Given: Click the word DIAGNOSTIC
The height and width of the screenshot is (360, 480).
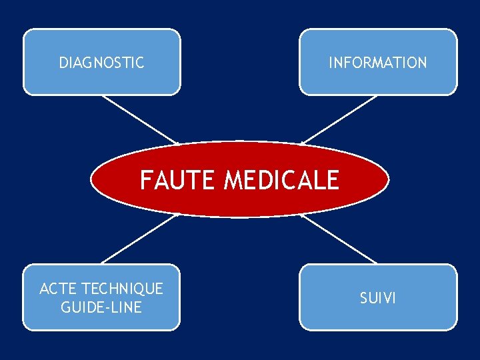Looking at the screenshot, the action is pos(101,63).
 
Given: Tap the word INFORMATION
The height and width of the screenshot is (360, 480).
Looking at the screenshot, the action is pos(377,63).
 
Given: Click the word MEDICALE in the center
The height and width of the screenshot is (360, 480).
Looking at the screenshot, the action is pos(281,180).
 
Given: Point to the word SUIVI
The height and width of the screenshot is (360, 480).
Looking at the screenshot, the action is pos(378,298).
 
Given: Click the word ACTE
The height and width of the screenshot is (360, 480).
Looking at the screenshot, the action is pos(57,289).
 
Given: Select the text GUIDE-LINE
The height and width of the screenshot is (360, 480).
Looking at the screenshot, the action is pos(101,307).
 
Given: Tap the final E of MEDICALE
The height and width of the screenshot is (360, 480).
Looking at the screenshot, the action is pos(332,180).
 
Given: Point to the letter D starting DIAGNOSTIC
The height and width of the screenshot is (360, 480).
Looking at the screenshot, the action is pos(63,63).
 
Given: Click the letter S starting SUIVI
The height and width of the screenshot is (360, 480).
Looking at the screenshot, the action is pos(364,298).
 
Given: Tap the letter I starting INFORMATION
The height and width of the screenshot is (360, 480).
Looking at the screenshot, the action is pos(330,63).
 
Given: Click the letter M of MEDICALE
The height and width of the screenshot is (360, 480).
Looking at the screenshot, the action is pos(235,180).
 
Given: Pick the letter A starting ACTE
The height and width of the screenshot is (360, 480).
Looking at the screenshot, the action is pos(44,289).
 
